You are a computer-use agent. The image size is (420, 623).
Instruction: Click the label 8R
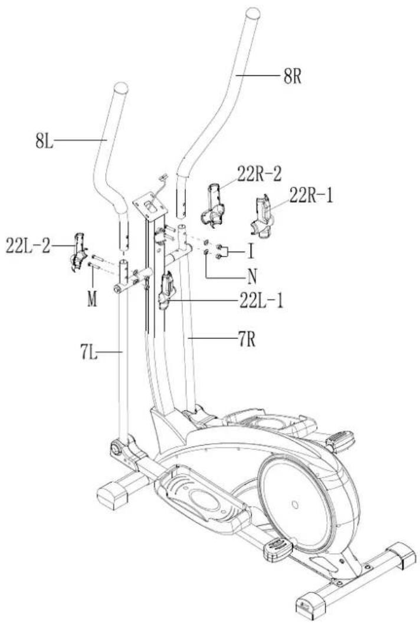point(293,75)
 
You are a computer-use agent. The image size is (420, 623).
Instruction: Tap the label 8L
point(44,140)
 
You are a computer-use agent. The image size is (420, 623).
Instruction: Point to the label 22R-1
point(311,196)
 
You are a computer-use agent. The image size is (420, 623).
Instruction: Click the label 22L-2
point(28,246)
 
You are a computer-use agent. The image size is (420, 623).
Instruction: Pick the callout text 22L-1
point(261,301)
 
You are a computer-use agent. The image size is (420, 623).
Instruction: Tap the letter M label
point(92,299)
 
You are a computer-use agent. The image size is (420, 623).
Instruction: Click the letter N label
point(252,276)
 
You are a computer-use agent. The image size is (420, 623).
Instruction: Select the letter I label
point(251,252)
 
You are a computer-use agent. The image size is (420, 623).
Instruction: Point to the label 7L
point(89,352)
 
